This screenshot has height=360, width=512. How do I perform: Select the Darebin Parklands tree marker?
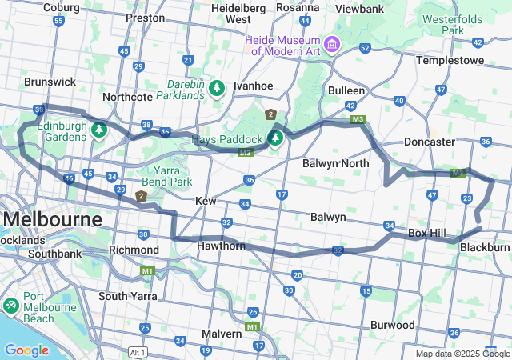pyautogui.click(x=217, y=86)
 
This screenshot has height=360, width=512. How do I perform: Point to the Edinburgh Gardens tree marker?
pyautogui.click(x=99, y=129)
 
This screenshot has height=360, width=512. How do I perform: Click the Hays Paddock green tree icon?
pyautogui.click(x=275, y=138)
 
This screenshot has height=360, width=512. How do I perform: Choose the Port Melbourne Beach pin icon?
pyautogui.click(x=11, y=306)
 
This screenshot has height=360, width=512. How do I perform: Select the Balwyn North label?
pyautogui.click(x=335, y=163)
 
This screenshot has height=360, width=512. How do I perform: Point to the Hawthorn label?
pyautogui.click(x=220, y=246)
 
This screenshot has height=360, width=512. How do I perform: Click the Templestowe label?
pyautogui.click(x=451, y=60)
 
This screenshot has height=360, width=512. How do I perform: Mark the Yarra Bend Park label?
pyautogui.click(x=163, y=176)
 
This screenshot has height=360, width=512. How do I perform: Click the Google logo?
pyautogui.click(x=26, y=350)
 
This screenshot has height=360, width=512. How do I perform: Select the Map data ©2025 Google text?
pyautogui.click(x=462, y=354)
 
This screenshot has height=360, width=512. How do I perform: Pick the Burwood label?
pyautogui.click(x=392, y=326)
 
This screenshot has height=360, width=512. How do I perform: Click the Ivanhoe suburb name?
pyautogui.click(x=253, y=86)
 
